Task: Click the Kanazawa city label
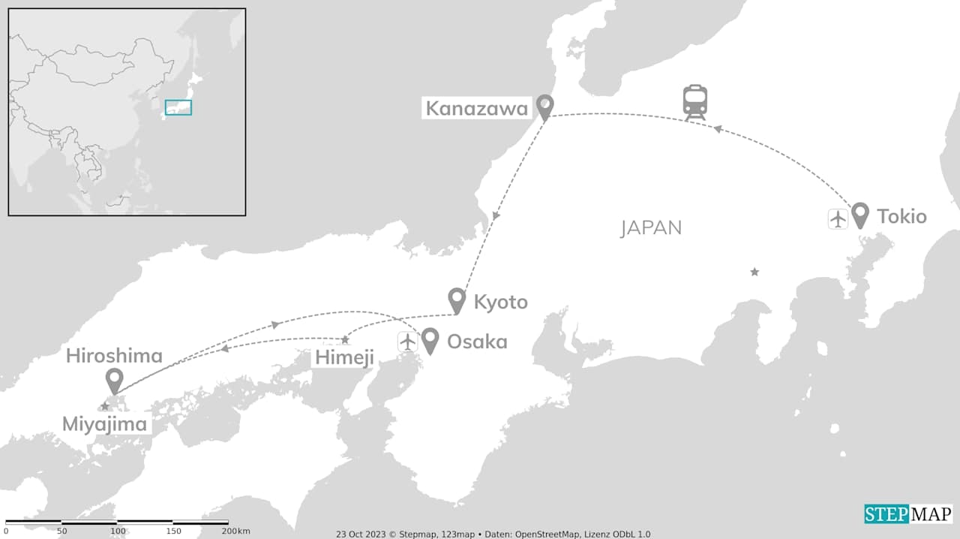(x=477, y=108)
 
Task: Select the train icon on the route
(x=695, y=102)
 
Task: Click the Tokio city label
(x=901, y=216)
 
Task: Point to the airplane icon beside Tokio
(x=838, y=218)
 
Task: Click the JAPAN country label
(x=651, y=228)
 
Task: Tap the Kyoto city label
(x=500, y=302)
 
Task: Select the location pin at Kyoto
(x=457, y=300)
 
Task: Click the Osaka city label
(x=477, y=342)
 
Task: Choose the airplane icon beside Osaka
(x=408, y=342)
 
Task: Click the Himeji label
(x=344, y=358)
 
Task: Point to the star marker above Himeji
(x=345, y=340)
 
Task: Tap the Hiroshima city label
(x=114, y=355)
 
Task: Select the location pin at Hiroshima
(x=114, y=381)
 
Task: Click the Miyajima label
(x=104, y=424)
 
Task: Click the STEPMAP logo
(x=908, y=513)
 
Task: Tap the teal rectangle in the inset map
(x=178, y=107)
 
